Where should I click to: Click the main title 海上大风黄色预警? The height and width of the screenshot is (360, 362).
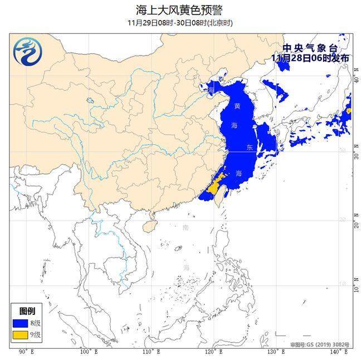click(x=180, y=9)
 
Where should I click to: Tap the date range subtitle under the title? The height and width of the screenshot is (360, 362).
click(x=180, y=23)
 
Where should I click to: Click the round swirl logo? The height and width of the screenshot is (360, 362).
click(x=25, y=51)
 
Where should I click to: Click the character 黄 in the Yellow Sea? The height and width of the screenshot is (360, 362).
click(x=238, y=106)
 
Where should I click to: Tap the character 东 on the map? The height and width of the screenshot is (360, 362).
click(x=250, y=147)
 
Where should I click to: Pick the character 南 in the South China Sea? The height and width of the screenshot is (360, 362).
click(x=185, y=227)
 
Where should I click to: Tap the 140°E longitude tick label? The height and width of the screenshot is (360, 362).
click(x=335, y=352)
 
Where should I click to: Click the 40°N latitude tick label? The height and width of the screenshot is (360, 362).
click(x=356, y=80)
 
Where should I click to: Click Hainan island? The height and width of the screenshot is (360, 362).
click(x=148, y=226)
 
